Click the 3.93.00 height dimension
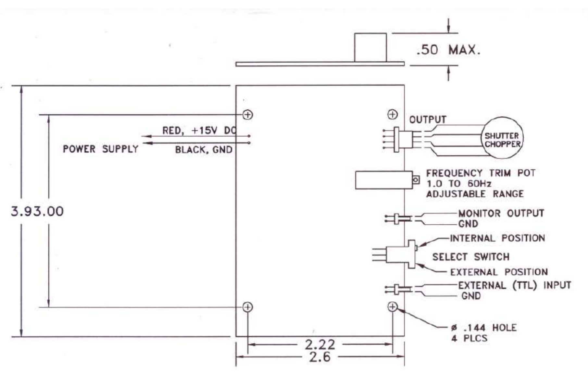[37, 211]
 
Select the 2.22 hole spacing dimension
[319, 344]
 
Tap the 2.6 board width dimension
[319, 357]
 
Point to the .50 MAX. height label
[448, 50]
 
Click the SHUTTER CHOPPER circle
[502, 138]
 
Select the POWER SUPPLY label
[101, 149]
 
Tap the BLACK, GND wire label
[204, 150]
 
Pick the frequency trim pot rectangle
[384, 180]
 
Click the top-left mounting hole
[248, 115]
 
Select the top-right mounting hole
[393, 114]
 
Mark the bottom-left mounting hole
[248, 307]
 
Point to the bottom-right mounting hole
[393, 306]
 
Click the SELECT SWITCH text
[471, 257]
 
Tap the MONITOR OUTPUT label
[501, 213]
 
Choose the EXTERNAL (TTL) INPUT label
[514, 285]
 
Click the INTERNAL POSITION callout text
[497, 238]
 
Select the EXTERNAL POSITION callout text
[499, 272]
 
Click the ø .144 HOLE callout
[484, 328]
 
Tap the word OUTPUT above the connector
[428, 119]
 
